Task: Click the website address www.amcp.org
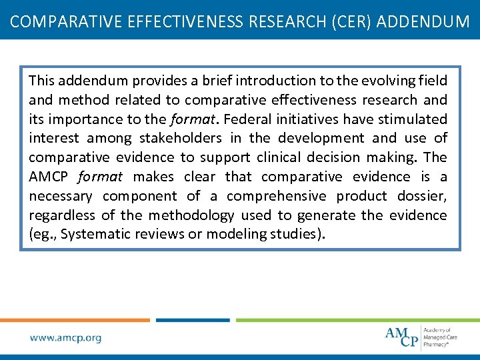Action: coord(65,337)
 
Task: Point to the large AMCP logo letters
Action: coord(402,337)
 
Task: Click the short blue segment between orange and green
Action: coord(193,320)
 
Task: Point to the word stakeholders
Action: coord(180,139)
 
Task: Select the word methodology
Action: coord(191,215)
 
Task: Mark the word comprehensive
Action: coord(277,196)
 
